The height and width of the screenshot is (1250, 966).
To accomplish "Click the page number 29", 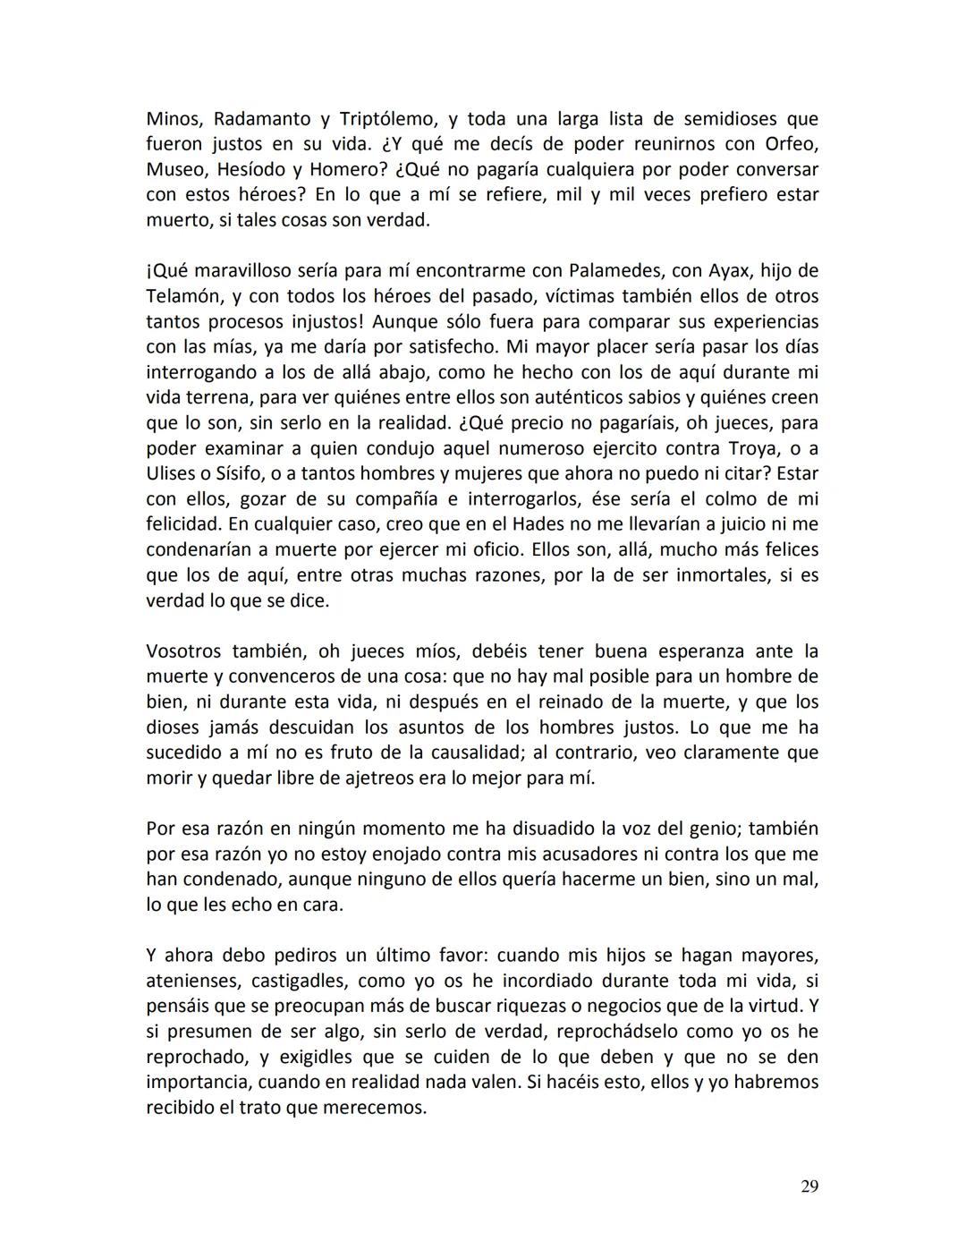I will click(809, 1186).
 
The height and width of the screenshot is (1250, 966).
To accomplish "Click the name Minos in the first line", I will click(174, 119).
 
